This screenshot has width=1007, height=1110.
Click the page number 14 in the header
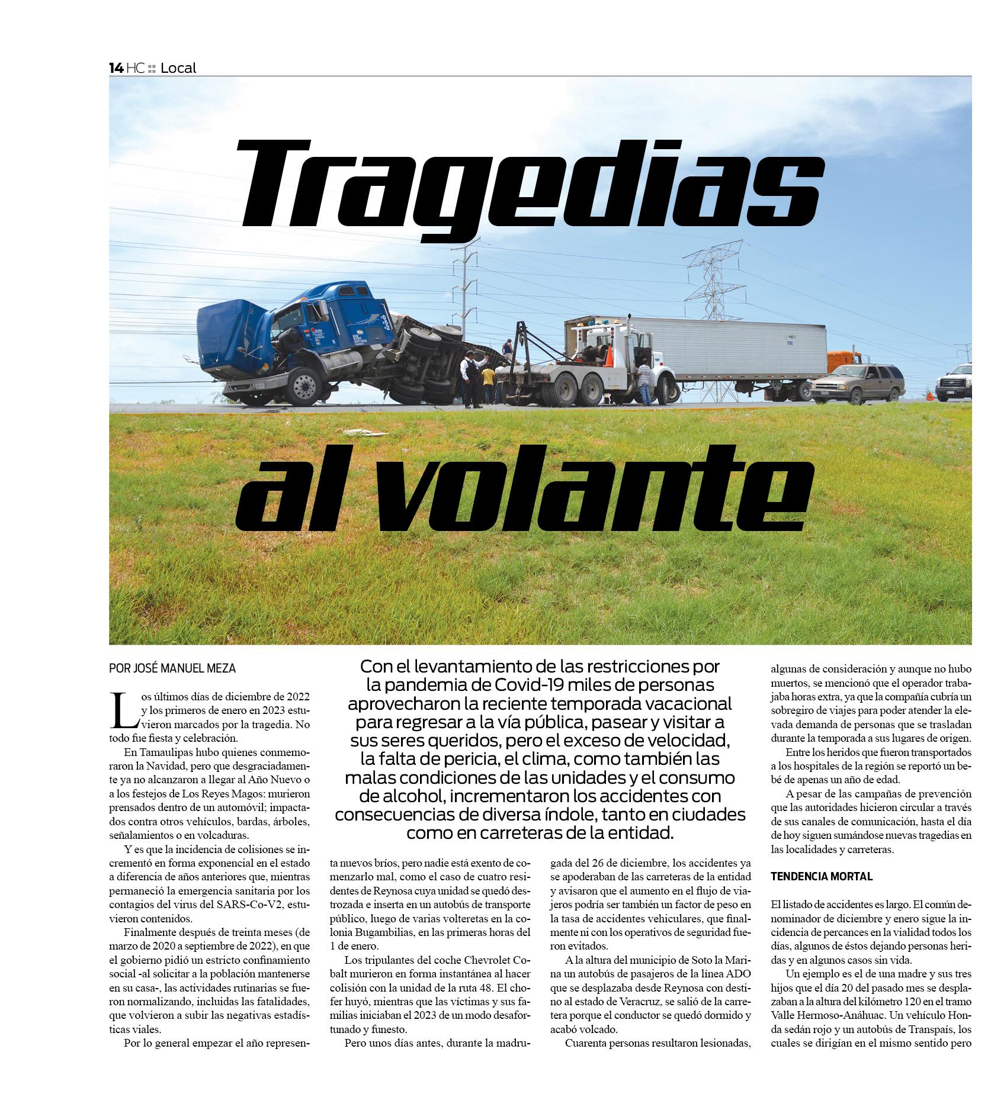click(116, 68)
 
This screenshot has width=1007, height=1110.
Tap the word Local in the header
click(178, 68)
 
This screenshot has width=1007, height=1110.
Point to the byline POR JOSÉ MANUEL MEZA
click(172, 668)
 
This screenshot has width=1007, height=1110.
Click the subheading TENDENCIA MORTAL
click(822, 877)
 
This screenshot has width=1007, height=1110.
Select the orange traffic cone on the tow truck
click(608, 356)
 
